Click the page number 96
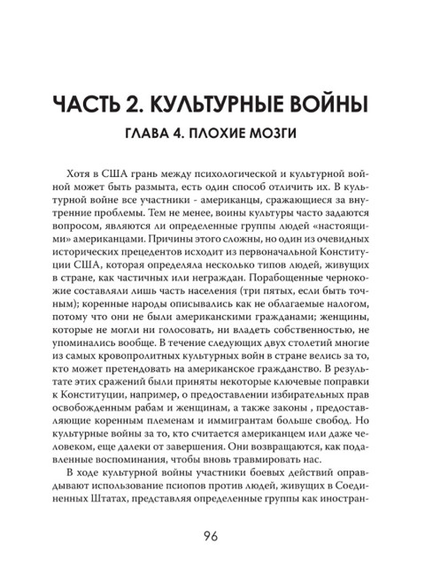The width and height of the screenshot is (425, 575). [212, 536]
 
